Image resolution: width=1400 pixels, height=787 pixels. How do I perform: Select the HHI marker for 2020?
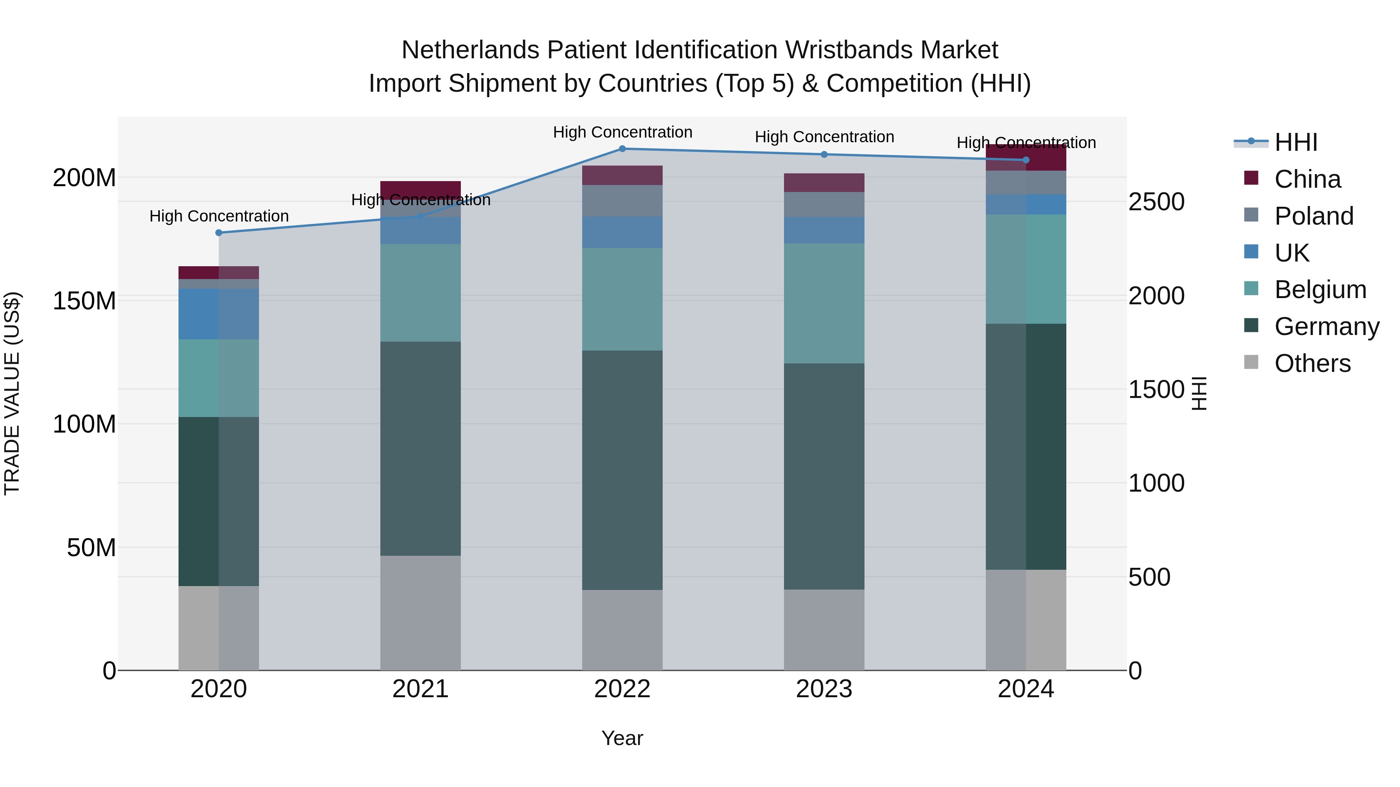[x=219, y=232]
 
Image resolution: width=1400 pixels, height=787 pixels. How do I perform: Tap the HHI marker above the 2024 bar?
[x=1026, y=160]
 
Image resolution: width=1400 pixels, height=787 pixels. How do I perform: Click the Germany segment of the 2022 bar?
[x=622, y=470]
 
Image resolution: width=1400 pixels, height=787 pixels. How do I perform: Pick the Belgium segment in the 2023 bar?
[x=824, y=303]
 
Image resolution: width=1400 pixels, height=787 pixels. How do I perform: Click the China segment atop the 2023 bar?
[x=824, y=183]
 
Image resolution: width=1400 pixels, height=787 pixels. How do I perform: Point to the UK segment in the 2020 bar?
[x=219, y=314]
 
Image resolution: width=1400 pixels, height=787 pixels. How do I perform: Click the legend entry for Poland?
[x=1314, y=216]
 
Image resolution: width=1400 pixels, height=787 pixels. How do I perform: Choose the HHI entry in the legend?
[x=1296, y=142]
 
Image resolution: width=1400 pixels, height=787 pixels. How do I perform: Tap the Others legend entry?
[x=1312, y=363]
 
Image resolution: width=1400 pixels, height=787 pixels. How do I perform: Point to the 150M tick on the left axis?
[x=84, y=300]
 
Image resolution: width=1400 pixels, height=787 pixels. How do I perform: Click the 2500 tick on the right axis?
[x=1157, y=201]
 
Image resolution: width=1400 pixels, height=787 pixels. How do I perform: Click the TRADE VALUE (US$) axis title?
[x=12, y=393]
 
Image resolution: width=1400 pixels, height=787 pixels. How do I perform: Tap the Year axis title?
[x=622, y=738]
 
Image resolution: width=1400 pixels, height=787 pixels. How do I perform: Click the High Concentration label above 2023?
[x=824, y=137]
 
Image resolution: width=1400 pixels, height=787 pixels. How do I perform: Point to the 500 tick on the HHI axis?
[x=1149, y=577]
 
